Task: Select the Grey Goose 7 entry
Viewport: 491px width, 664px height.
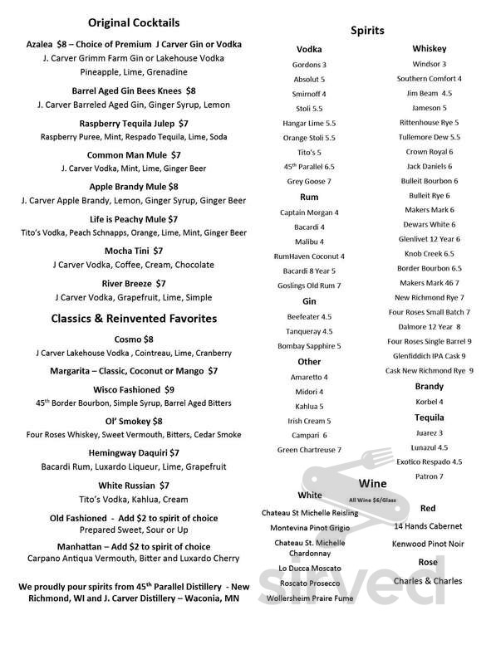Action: pos(309,181)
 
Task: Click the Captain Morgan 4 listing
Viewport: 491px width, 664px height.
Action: pos(309,212)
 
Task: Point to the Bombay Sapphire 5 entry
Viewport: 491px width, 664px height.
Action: pos(309,345)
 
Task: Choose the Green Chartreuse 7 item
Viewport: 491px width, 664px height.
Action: pos(309,450)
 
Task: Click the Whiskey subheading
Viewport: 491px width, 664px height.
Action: pos(429,49)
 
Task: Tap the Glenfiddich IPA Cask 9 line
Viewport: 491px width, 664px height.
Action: pos(430,355)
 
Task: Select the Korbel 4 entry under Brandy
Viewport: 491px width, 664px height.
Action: pos(430,402)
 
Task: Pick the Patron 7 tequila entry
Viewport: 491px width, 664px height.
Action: pos(430,476)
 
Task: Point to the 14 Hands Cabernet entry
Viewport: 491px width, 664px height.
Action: pos(427,525)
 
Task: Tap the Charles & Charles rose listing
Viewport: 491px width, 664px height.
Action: pos(427,580)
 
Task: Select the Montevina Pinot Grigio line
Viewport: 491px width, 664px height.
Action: pos(309,528)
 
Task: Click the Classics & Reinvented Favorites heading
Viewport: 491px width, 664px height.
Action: pos(134,318)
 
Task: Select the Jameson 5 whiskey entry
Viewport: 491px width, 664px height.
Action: pos(430,108)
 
